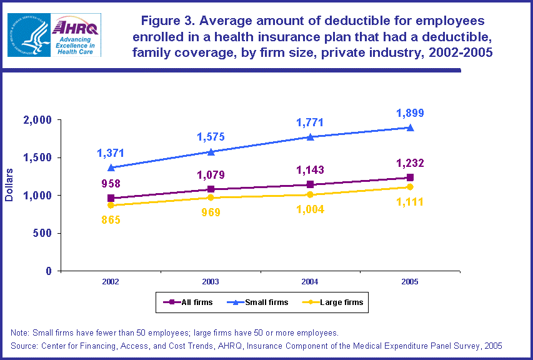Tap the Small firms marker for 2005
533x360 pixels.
click(410, 127)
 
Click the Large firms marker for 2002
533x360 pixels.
click(111, 205)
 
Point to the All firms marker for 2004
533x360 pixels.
click(311, 184)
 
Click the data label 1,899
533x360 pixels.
click(410, 113)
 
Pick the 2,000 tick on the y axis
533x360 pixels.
click(39, 120)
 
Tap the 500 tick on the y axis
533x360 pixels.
click(44, 234)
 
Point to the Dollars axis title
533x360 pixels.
click(9, 186)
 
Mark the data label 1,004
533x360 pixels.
click(311, 210)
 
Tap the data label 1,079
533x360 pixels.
click(211, 174)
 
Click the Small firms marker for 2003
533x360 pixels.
click(211, 151)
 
